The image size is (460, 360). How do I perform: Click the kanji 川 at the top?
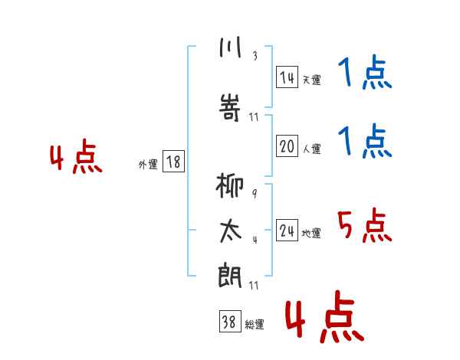point(230,47)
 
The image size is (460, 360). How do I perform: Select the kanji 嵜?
point(230,107)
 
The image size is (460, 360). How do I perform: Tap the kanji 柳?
point(230,185)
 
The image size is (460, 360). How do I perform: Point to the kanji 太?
point(231,231)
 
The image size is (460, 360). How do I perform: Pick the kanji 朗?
point(230,275)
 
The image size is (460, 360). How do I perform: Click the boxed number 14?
point(287,77)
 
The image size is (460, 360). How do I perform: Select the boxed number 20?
point(287,146)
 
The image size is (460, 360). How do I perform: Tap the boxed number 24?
point(287,230)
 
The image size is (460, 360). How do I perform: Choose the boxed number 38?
point(230,321)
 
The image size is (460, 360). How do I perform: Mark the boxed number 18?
point(173,162)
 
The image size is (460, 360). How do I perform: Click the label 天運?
point(311,80)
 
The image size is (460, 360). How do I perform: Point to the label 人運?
point(311,149)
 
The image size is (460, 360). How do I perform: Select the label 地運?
point(311,233)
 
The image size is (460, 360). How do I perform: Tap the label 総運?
point(255,324)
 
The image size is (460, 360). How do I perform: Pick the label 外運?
point(148,165)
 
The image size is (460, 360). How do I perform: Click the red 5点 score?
point(365,225)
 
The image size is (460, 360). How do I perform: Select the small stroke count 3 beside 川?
point(255,56)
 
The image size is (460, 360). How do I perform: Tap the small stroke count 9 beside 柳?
point(255,194)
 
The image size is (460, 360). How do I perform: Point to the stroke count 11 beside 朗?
point(254,286)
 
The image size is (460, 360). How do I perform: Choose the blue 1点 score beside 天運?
point(365,72)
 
